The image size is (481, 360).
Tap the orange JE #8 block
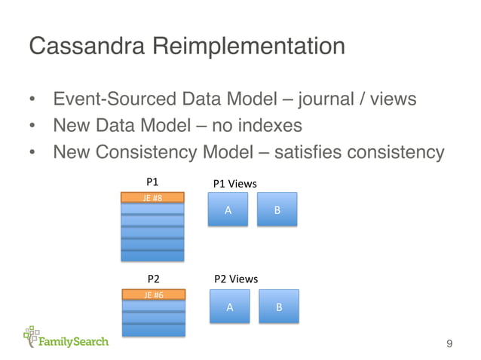[152, 197]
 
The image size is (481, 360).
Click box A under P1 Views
[228, 210]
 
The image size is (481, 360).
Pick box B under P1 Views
[277, 210]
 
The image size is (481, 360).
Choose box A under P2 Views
[230, 307]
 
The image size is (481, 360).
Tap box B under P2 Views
[279, 307]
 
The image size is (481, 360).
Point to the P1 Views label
[235, 183]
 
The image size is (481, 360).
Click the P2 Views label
[237, 279]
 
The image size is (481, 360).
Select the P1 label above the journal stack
[152, 182]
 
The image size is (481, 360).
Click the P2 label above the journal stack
[153, 279]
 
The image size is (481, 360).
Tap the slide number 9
[449, 345]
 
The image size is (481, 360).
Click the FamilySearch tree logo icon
[32, 336]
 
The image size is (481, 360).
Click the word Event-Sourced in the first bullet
[107, 100]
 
